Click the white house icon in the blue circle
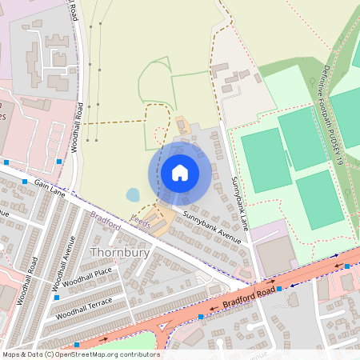(x=180, y=172)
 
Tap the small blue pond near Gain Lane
(x=133, y=194)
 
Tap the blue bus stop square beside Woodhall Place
(x=56, y=297)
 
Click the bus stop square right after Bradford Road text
(x=279, y=288)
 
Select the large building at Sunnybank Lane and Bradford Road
(x=274, y=254)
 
